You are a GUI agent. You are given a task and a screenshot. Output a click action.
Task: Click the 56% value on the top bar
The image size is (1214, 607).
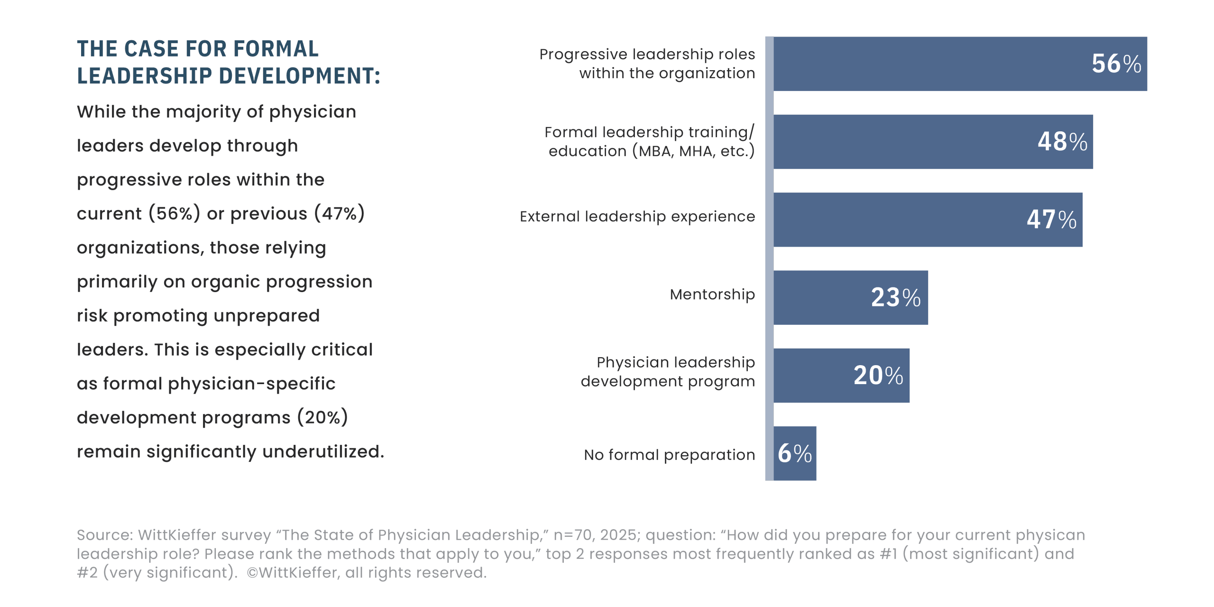click(1116, 64)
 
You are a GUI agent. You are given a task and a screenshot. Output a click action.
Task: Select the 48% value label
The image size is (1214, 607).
click(1062, 141)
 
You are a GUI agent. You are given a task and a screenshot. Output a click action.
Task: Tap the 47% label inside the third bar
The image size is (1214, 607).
click(1051, 219)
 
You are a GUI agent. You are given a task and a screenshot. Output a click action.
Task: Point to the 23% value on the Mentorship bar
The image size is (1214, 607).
click(896, 297)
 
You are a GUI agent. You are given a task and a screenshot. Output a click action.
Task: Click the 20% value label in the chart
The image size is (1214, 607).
click(878, 375)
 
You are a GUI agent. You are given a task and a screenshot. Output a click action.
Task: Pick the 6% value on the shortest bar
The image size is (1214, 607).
click(795, 453)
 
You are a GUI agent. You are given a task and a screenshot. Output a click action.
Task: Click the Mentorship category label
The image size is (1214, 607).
click(712, 294)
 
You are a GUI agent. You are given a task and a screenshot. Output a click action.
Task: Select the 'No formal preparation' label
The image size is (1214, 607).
click(670, 455)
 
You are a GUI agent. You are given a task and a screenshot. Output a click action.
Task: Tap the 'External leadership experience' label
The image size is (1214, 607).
click(637, 216)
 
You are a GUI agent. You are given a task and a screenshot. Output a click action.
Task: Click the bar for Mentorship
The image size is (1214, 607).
click(851, 297)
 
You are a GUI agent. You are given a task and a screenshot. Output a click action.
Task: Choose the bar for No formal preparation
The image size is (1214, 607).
click(795, 453)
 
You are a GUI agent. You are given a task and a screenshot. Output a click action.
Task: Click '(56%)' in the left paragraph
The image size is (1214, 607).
click(175, 213)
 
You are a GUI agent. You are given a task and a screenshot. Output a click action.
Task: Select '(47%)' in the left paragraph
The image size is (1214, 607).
click(340, 213)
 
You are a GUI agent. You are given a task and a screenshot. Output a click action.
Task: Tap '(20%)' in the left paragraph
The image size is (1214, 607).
click(322, 417)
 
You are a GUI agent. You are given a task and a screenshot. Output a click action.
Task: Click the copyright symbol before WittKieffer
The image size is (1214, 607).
click(252, 573)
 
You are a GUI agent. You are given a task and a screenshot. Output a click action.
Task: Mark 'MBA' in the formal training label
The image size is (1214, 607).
click(656, 151)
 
